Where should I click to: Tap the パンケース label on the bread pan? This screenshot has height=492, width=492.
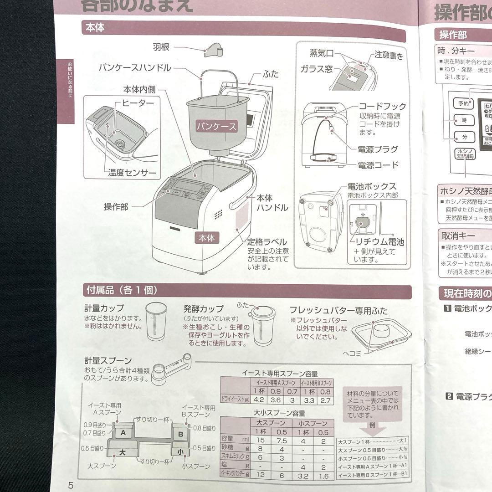pos(217,126)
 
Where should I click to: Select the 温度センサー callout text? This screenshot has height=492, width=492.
pos(132,173)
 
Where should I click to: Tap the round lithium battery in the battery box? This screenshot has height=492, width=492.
pos(363,222)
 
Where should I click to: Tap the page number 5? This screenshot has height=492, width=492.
pos(71,485)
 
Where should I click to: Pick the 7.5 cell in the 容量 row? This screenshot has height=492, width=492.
pos(282,441)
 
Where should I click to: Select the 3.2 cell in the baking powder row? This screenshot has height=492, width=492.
pos(302,475)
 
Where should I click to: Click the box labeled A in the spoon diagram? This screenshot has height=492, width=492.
pos(123,434)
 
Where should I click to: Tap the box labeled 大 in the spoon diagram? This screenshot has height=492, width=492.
pos(122,452)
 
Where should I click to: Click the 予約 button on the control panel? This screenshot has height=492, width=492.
pos(463,103)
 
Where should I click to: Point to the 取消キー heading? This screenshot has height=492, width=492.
pos(458,236)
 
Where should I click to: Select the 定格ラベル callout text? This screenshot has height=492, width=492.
pos(267,242)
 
